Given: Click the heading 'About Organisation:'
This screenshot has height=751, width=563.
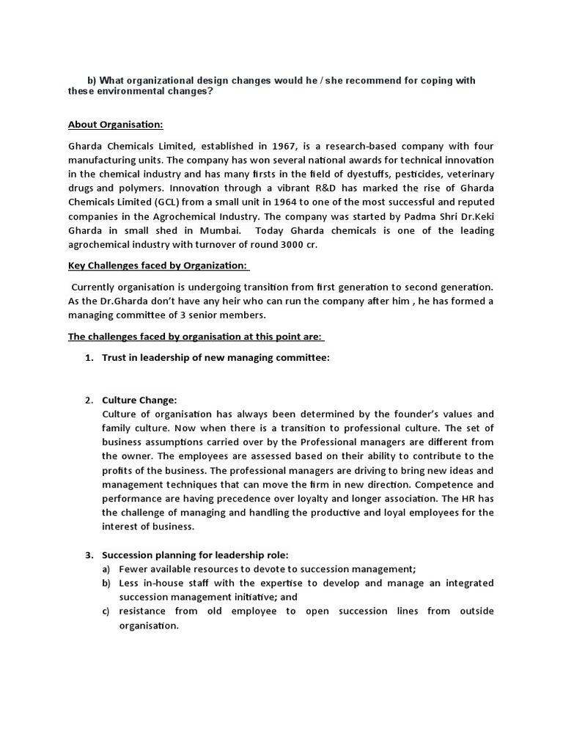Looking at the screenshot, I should [120, 125].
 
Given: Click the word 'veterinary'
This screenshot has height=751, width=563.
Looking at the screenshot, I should [468, 175].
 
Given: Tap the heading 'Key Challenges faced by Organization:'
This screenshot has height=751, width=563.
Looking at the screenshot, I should [158, 265].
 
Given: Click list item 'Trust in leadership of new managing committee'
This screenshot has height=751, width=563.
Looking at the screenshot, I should [216, 358].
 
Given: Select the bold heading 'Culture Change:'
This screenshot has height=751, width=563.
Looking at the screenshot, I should [139, 400].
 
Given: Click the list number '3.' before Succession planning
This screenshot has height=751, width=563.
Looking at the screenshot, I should [89, 554].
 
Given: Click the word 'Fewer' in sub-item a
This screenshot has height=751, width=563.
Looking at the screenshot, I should [134, 569].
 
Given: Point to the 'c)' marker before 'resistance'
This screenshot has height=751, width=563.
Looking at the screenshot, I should [106, 611].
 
